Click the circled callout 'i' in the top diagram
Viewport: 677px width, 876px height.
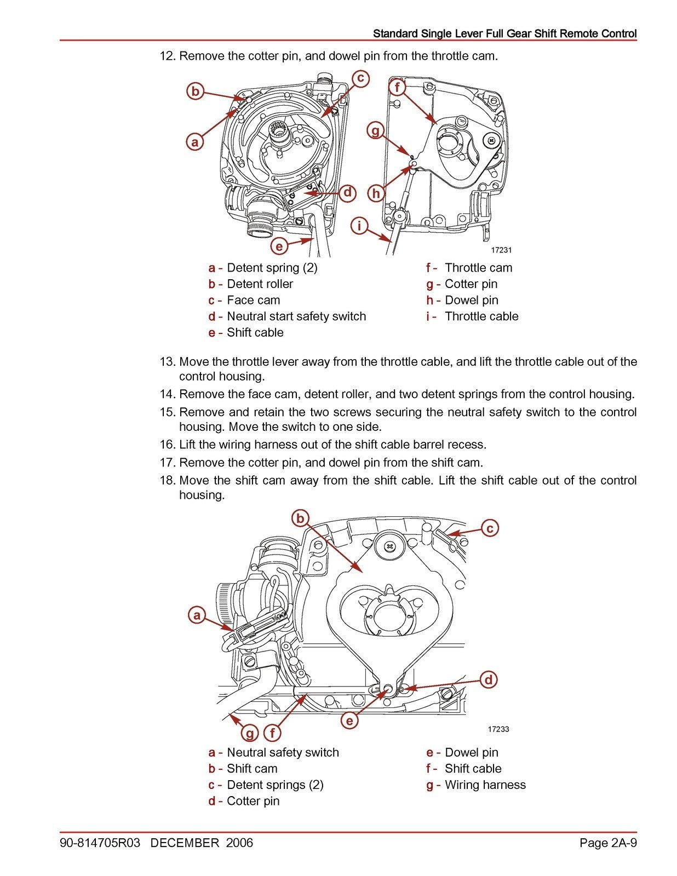coord(359,226)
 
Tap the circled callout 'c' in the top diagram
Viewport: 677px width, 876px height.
coord(360,78)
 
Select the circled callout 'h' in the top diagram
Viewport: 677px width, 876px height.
coord(376,193)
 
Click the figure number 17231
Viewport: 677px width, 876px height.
coord(501,250)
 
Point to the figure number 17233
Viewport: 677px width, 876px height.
coord(498,729)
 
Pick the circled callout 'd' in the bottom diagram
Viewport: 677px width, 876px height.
coord(489,681)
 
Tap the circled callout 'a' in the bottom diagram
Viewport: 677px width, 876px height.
coord(196,615)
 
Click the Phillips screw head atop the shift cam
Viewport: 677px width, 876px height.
coord(390,546)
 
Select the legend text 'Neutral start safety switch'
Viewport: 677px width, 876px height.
coord(296,316)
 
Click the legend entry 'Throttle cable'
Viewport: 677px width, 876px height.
coord(481,316)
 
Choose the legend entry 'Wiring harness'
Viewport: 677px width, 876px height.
coord(485,785)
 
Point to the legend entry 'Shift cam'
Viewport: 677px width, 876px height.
coord(252,769)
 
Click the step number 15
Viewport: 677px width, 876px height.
coord(167,412)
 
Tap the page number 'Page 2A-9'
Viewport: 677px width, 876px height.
coord(608,843)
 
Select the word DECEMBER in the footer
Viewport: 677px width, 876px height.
coord(185,843)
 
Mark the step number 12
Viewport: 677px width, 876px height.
coord(167,56)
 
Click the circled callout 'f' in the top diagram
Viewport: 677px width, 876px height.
coord(397,88)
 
